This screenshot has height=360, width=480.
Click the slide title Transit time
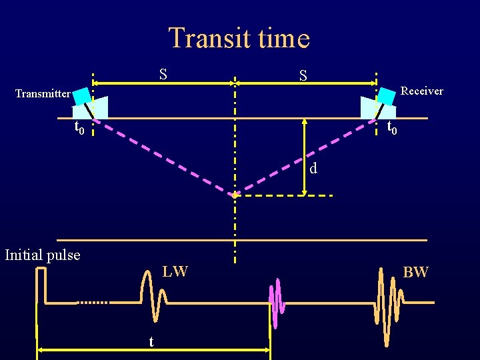point(239,38)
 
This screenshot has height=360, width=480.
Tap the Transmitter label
point(43,94)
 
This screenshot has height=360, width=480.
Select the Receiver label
point(422,91)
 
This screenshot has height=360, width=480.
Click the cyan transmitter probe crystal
point(82,97)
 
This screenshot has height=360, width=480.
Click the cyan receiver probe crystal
point(387,96)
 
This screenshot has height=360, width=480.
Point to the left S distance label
point(163,74)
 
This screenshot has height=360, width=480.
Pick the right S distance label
point(303,76)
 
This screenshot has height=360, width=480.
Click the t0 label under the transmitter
point(79,127)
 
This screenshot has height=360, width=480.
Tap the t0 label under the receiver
point(393,127)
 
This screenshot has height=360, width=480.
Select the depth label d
point(313,169)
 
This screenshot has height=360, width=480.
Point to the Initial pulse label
point(43,255)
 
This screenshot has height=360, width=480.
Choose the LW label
point(175,271)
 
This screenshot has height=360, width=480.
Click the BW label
point(416,272)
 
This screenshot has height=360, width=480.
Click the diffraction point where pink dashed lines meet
point(235,195)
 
